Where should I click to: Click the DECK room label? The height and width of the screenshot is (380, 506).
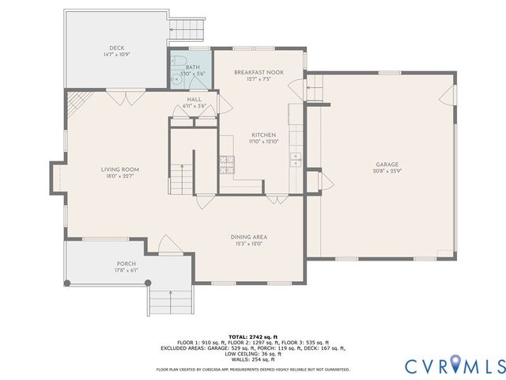(117, 47)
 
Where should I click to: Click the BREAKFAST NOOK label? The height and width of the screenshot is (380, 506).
(259, 72)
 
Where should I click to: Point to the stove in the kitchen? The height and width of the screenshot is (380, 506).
(226, 164)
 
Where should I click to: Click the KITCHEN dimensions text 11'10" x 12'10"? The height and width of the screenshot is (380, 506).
(262, 141)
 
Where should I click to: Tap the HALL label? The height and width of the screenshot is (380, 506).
(194, 99)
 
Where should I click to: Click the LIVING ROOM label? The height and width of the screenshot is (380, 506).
(119, 169)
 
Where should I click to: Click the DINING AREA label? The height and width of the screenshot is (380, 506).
(247, 237)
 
